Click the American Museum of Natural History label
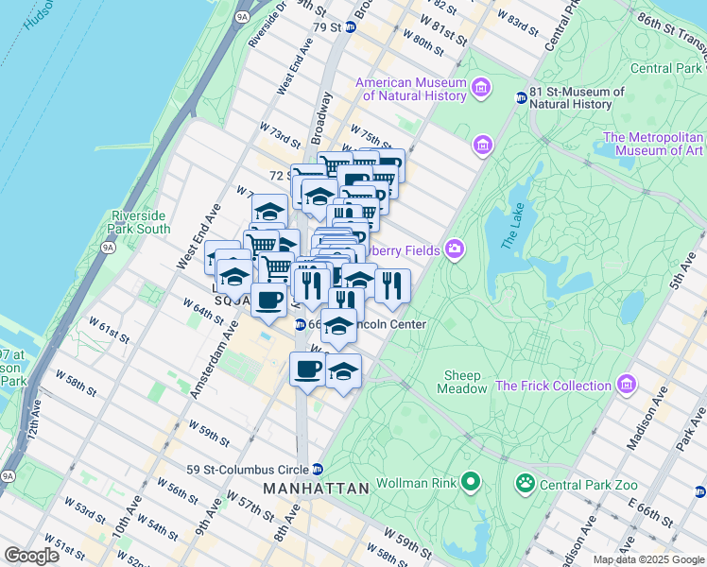click(410, 89)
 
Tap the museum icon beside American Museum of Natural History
click(481, 89)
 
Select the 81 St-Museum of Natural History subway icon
click(521, 97)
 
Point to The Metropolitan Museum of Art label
click(653, 144)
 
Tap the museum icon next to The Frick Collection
click(625, 386)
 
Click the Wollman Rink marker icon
click(470, 484)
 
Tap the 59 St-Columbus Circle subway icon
click(318, 469)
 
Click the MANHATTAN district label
click(315, 489)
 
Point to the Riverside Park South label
click(141, 222)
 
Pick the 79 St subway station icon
click(350, 26)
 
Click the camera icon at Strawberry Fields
click(455, 249)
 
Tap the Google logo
click(32, 556)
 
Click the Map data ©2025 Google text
click(647, 559)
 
